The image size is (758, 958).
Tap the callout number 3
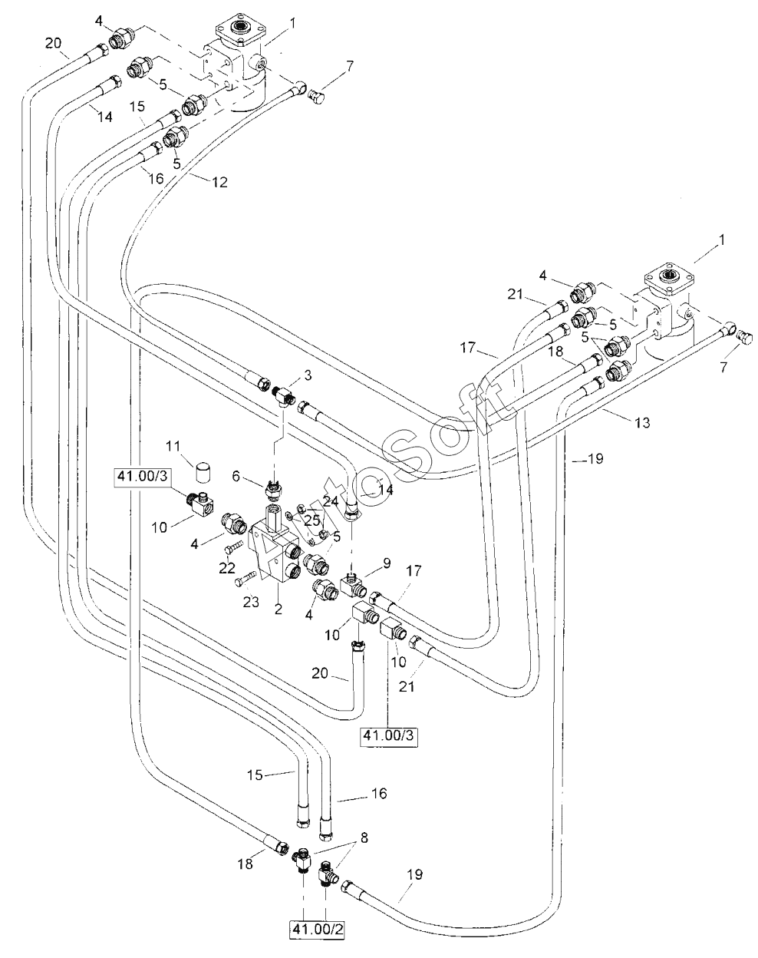tap(308, 375)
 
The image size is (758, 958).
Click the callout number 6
tap(236, 477)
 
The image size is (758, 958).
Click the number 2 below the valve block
tap(278, 609)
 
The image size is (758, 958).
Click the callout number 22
tap(227, 569)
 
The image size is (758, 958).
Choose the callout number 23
tap(251, 602)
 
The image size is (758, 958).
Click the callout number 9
tap(387, 563)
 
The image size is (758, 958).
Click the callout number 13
tap(642, 422)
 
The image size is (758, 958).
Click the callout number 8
tap(364, 838)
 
